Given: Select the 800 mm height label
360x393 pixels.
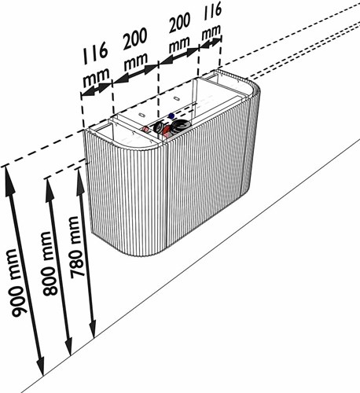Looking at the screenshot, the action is click(x=50, y=263).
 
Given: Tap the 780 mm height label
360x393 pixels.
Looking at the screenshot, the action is click(x=77, y=246).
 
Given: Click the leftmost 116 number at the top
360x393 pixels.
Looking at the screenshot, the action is click(x=95, y=53).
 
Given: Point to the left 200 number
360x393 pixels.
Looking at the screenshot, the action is click(x=135, y=39).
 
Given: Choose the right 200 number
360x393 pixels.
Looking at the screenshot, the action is click(x=179, y=23).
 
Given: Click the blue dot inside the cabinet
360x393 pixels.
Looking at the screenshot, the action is click(x=171, y=116).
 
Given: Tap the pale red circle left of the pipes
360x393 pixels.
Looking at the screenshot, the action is click(x=145, y=129).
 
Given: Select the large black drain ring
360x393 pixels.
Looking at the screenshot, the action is click(x=181, y=127).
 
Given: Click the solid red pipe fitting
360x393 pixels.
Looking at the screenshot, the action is click(x=167, y=130).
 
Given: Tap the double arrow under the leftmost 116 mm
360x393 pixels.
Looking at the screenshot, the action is click(x=97, y=90).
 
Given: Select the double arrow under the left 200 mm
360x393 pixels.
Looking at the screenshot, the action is click(x=135, y=74).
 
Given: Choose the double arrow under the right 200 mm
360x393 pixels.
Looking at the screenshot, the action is click(x=179, y=56).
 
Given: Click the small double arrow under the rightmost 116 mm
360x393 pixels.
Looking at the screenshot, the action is click(x=210, y=43).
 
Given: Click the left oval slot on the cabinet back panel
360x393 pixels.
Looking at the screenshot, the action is click(x=141, y=115).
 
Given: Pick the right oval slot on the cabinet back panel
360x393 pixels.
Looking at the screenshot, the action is click(x=176, y=99).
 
